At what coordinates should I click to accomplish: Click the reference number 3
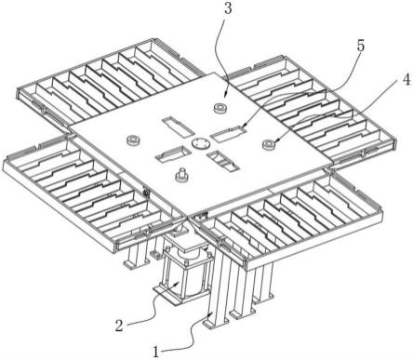point(228,8)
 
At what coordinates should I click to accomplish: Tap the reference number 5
point(360,46)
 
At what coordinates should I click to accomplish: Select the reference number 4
point(406,79)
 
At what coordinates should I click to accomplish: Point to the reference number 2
point(119,327)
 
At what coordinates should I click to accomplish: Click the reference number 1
point(156,353)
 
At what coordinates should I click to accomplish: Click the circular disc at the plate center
point(200,143)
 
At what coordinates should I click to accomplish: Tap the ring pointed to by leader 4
point(270,144)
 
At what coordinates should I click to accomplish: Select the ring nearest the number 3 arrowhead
point(221,107)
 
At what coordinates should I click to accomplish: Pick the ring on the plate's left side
point(134,140)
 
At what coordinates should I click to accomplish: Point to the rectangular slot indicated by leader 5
point(228,133)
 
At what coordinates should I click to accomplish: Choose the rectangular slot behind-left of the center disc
point(177,127)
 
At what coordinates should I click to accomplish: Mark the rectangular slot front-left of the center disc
point(173,154)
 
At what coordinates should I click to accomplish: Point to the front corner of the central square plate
point(187,216)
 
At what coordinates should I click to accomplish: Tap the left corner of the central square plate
point(69,129)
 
